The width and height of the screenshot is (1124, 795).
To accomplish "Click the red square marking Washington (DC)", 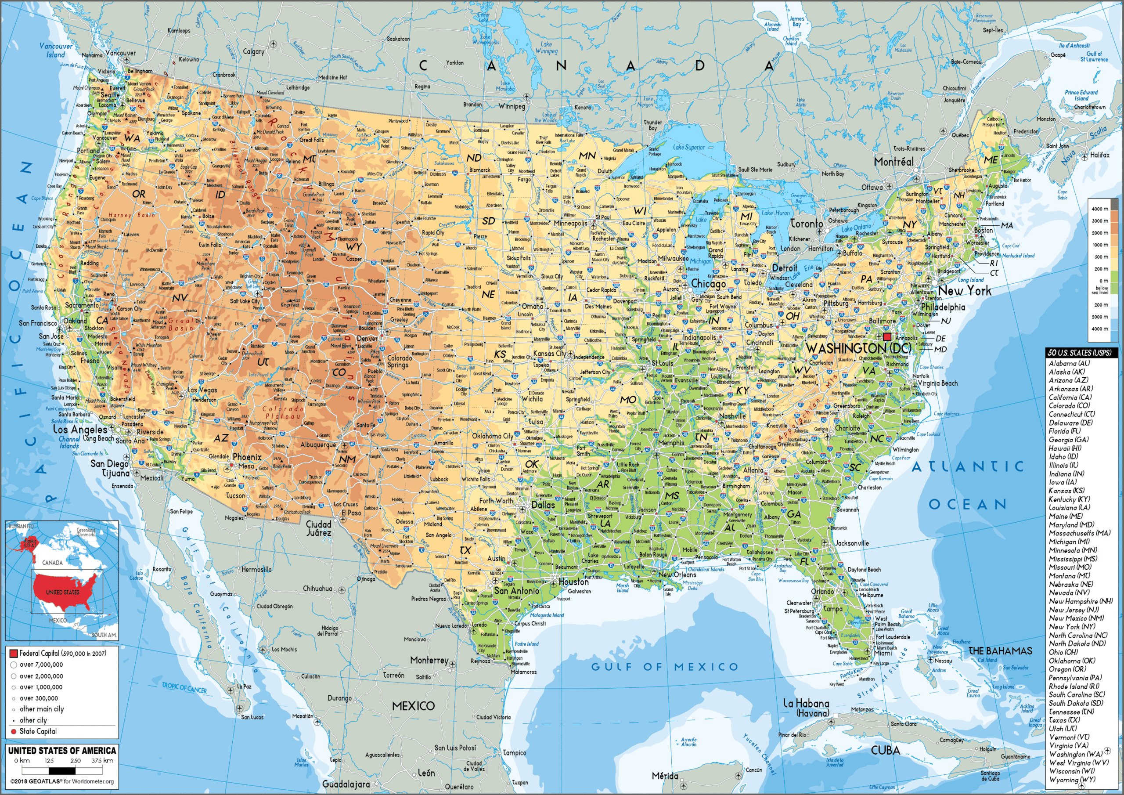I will click(x=887, y=336).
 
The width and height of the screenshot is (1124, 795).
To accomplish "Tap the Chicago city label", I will click(x=708, y=284).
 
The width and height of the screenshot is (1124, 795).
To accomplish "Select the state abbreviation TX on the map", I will click(x=465, y=550).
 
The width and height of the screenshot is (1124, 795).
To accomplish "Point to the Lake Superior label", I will click(x=689, y=147).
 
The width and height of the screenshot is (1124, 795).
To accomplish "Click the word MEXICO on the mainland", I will click(x=413, y=706).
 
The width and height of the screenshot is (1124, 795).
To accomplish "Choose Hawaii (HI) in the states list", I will click(x=1065, y=448).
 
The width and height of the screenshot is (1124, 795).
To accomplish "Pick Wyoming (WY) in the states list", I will click(x=1072, y=779).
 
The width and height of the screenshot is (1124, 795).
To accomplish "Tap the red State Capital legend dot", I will click(x=14, y=732).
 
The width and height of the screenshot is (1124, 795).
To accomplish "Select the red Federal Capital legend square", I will click(x=14, y=654).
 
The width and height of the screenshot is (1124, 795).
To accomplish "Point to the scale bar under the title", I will click(x=62, y=770).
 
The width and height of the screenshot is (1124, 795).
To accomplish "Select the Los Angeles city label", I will click(x=80, y=430).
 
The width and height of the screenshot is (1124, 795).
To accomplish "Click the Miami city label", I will click(x=883, y=653).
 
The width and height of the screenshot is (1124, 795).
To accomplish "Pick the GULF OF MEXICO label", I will click(x=664, y=667).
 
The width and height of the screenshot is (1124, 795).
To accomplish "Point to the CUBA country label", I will click(x=885, y=750).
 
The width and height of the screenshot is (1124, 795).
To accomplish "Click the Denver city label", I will click(x=367, y=339).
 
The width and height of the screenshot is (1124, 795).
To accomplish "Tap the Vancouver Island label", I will click(x=56, y=50).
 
